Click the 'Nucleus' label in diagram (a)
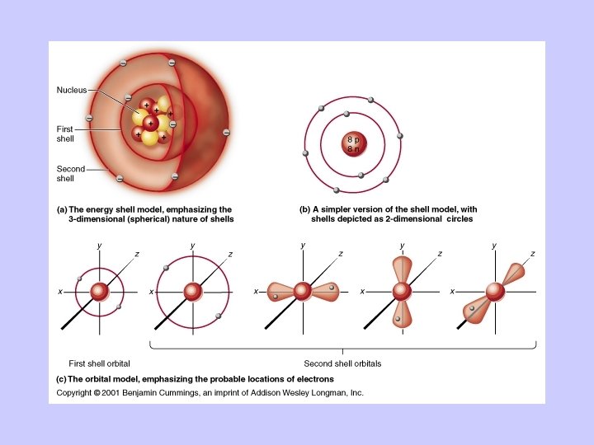(x=71, y=90)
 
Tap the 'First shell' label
(x=65, y=133)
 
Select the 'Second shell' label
(x=71, y=173)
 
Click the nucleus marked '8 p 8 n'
(x=352, y=145)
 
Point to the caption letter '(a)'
(x=62, y=209)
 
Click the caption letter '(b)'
(x=304, y=209)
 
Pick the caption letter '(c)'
(x=62, y=378)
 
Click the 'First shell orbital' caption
(x=99, y=363)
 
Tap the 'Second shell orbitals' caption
(x=342, y=363)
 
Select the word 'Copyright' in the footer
(x=73, y=393)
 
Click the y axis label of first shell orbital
(x=99, y=246)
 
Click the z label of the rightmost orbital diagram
(x=533, y=254)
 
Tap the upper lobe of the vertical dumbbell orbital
(x=402, y=269)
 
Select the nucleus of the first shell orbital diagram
(x=100, y=292)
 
